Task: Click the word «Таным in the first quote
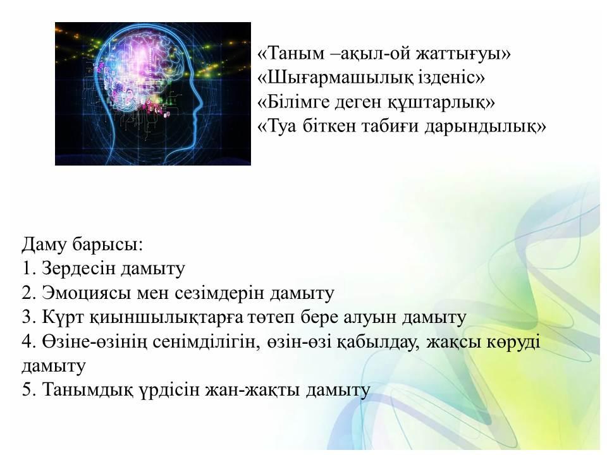[x=291, y=52]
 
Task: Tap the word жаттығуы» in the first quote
[x=463, y=53]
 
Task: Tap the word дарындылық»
[x=485, y=127]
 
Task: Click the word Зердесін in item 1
[x=78, y=268]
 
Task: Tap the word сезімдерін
[x=219, y=293]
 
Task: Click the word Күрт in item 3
[x=63, y=317]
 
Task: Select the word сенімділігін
[x=205, y=342]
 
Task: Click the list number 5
[x=28, y=390]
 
